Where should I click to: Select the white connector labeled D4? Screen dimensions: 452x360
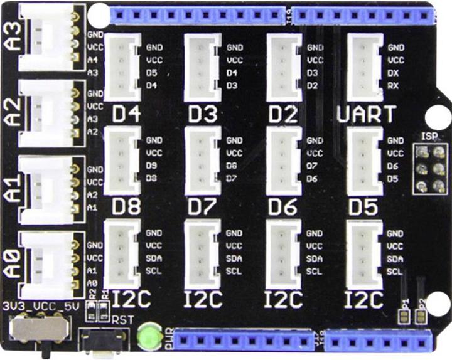[x=122, y=66]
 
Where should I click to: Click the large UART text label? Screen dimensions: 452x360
[x=367, y=115]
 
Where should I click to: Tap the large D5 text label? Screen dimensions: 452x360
[x=363, y=207]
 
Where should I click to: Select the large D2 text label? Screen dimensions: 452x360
[x=283, y=115]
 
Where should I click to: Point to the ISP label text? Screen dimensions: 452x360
[x=429, y=137]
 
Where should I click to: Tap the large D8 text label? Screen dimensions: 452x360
[x=126, y=207]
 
